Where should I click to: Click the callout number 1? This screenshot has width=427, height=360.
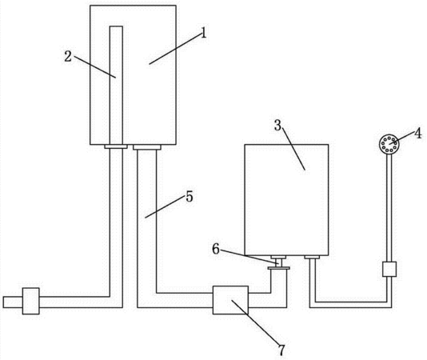click(x=203, y=34)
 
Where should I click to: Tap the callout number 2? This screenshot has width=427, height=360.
click(x=68, y=57)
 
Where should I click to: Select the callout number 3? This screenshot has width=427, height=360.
click(x=277, y=126)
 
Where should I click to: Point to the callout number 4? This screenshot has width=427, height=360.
click(x=417, y=134)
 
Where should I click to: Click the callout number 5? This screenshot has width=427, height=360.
click(x=190, y=197)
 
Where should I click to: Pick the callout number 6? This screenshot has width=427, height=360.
click(x=216, y=249)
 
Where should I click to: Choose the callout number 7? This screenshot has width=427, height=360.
click(x=281, y=350)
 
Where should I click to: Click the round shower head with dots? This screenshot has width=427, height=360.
click(x=389, y=144)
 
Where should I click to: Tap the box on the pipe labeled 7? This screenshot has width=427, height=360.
click(x=230, y=300)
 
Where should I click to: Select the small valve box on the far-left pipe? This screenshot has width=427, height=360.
click(x=30, y=301)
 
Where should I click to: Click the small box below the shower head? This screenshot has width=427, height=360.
click(x=389, y=270)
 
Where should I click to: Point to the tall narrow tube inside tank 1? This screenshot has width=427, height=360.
click(x=116, y=85)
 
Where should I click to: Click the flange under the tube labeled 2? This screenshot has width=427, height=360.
click(x=116, y=146)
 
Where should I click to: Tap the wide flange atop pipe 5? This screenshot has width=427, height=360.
click(x=147, y=147)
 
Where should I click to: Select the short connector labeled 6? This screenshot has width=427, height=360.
click(x=278, y=262)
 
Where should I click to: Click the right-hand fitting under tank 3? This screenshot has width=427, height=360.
click(x=312, y=257)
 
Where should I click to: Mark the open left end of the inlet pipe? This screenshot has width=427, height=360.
click(x=3, y=302)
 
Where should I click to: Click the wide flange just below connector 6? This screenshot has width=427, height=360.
click(x=278, y=269)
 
